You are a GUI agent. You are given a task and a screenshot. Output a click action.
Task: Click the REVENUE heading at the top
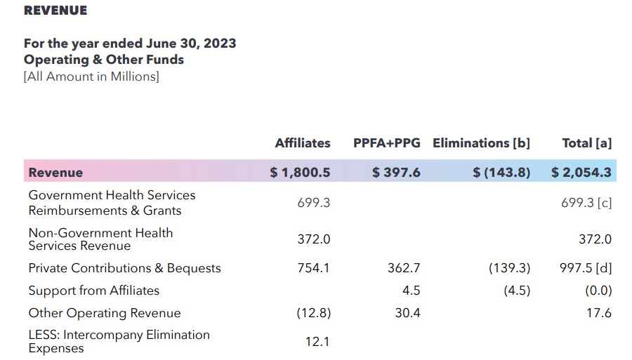(55, 11)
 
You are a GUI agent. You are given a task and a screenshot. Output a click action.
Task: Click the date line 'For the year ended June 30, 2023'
(130, 43)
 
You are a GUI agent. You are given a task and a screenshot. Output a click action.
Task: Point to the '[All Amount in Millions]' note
(91, 76)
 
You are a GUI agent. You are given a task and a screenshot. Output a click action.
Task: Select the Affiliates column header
(302, 143)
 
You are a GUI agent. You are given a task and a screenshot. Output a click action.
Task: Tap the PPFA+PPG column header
(386, 143)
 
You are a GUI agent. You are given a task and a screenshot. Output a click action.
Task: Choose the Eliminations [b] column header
(481, 143)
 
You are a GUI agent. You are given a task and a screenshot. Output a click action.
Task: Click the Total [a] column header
(586, 143)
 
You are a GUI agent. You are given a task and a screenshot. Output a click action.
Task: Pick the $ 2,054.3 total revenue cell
(581, 172)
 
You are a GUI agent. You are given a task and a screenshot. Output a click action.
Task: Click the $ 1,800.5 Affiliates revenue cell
(300, 172)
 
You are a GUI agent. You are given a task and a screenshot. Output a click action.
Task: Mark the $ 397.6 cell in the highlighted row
(396, 172)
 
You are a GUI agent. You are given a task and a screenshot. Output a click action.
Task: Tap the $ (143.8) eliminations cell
(501, 172)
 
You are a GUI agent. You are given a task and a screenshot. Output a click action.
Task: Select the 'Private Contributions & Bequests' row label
(124, 268)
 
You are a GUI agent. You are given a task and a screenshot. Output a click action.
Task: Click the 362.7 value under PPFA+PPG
(404, 268)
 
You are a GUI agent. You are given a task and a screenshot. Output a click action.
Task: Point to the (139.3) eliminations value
(509, 268)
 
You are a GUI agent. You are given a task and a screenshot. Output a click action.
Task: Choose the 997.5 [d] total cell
(586, 268)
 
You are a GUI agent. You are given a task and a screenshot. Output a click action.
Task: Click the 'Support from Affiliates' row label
(93, 291)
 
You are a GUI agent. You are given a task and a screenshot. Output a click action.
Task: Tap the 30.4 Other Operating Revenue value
(407, 313)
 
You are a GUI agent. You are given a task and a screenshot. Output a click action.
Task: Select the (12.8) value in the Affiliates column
(313, 313)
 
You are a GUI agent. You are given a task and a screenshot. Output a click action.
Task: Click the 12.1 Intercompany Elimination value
(317, 342)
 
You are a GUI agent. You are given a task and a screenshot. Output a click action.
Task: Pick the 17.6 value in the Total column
(599, 313)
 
